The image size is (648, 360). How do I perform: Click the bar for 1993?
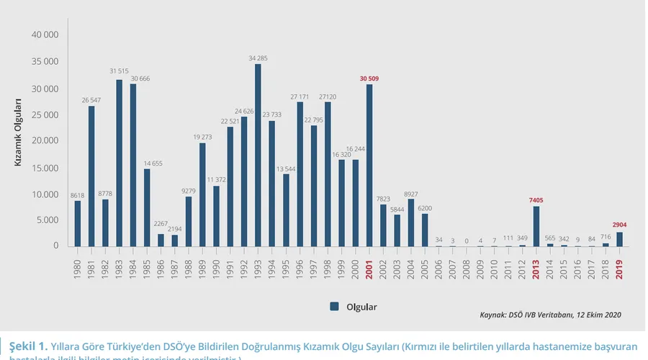click(x=258, y=156)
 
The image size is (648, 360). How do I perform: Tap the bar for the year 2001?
click(x=369, y=166)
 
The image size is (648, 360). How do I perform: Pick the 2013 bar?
click(x=536, y=226)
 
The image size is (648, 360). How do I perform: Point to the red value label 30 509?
click(x=369, y=78)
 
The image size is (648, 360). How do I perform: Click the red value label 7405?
click(x=536, y=200)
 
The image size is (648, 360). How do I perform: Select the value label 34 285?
click(x=258, y=58)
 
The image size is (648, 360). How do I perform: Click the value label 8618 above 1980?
click(x=78, y=195)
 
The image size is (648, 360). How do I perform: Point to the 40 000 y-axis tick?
click(x=45, y=35)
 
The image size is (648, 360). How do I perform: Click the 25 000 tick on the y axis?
click(x=45, y=114)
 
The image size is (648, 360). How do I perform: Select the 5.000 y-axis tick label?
click(x=47, y=220)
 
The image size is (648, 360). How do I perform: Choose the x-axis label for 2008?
click(x=466, y=266)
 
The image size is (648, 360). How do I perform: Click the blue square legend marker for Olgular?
click(x=335, y=306)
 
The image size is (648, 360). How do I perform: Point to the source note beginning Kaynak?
click(x=549, y=315)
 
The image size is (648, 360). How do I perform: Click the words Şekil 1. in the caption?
click(x=29, y=344)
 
